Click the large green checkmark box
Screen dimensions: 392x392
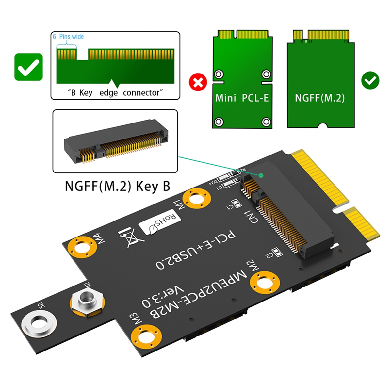(x=28, y=67)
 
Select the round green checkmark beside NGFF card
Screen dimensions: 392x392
(x=370, y=80)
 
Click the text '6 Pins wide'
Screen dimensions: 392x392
(x=68, y=37)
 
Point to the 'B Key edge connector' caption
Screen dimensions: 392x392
(x=115, y=93)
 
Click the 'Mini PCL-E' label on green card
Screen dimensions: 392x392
(x=242, y=98)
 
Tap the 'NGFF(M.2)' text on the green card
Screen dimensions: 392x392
(x=320, y=98)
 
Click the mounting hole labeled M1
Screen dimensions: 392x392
(x=196, y=198)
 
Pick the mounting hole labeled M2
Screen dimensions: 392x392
(x=265, y=282)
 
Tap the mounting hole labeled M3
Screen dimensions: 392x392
(x=146, y=336)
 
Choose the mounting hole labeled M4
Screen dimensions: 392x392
(x=82, y=249)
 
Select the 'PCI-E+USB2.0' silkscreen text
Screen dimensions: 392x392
(x=195, y=250)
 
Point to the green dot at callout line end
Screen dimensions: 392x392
(x=261, y=175)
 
